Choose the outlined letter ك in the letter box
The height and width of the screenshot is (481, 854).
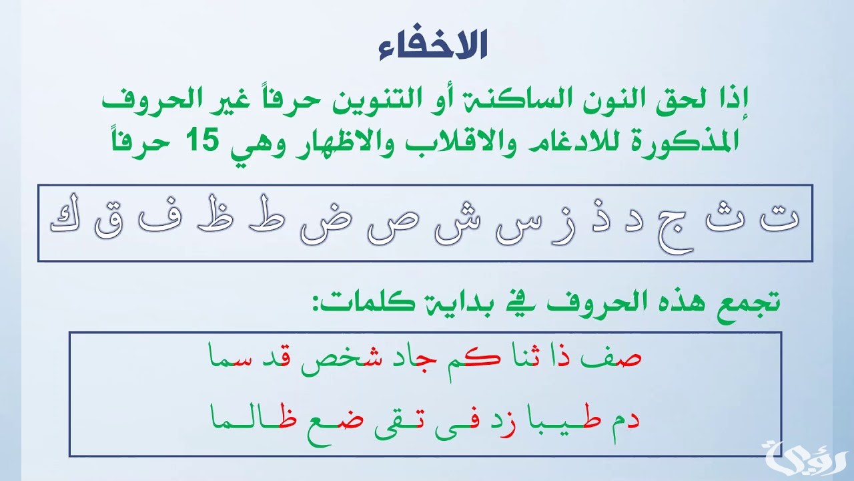point(62,222)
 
